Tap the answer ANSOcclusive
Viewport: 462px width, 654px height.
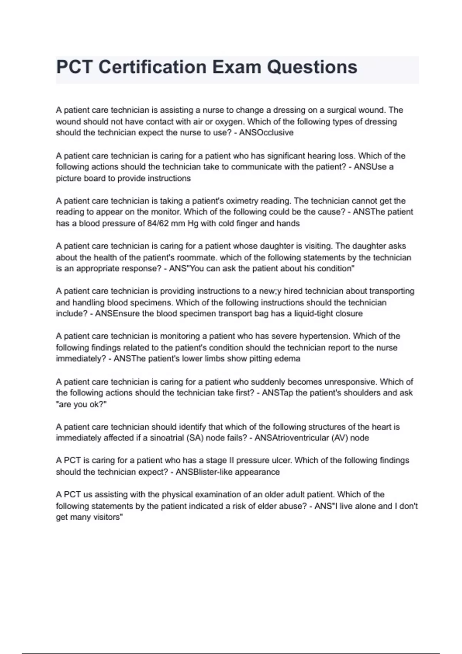(x=266, y=133)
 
